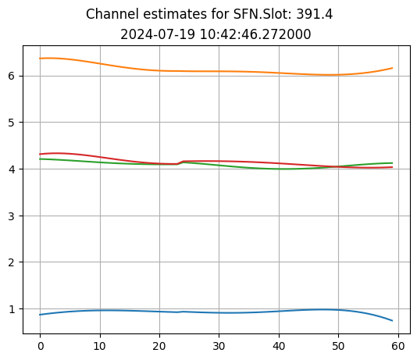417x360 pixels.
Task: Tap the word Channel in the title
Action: tap(109, 15)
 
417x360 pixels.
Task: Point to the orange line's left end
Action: tap(40, 59)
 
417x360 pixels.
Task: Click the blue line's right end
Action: tap(392, 321)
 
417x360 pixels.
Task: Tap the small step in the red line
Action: tap(180, 162)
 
